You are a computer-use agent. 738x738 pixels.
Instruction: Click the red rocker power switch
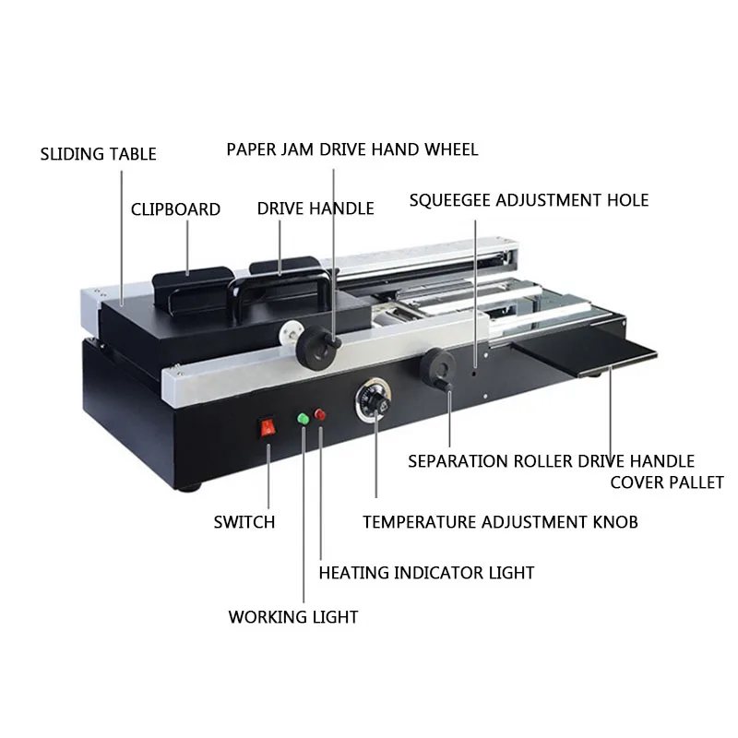tap(268, 428)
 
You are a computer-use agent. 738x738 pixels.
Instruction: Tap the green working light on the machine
tap(303, 419)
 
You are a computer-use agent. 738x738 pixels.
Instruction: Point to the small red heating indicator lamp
tap(320, 414)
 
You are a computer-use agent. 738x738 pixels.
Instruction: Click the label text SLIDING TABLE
tap(98, 154)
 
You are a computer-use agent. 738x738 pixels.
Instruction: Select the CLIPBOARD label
tap(175, 209)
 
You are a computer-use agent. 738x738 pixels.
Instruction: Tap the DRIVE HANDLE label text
tap(315, 208)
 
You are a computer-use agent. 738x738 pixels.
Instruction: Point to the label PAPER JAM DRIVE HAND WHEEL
tap(352, 149)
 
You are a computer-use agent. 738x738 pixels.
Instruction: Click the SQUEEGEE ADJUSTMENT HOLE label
tap(529, 200)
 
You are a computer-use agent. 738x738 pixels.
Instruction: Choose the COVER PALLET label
tap(667, 482)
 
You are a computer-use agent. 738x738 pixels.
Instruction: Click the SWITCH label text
tap(244, 522)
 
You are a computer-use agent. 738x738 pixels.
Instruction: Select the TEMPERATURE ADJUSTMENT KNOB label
tap(500, 522)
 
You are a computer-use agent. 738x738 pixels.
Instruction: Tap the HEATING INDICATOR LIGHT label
tap(426, 573)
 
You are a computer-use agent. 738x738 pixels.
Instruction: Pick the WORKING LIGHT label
tap(293, 617)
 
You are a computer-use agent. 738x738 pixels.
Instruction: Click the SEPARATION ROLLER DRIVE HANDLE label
tap(551, 461)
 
